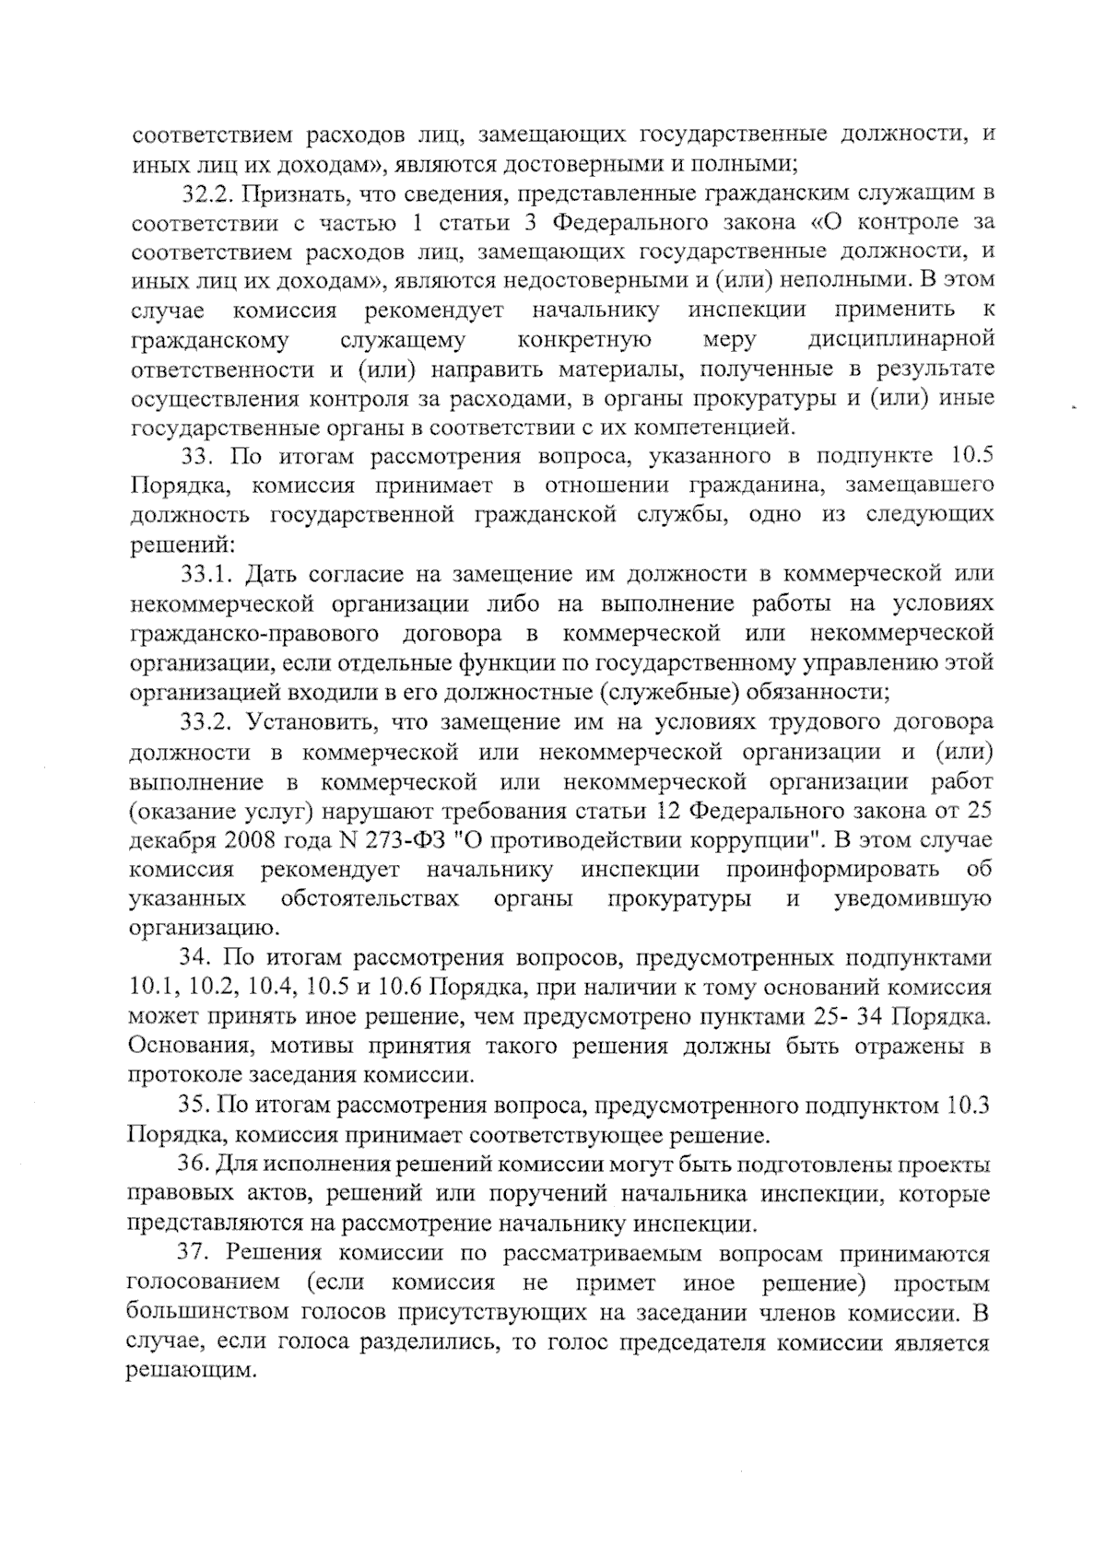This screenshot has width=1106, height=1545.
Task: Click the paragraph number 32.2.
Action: pyautogui.click(x=205, y=193)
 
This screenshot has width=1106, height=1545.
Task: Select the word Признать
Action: pyautogui.click(x=288, y=193)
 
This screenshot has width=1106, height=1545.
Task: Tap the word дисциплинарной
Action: pyautogui.click(x=900, y=340)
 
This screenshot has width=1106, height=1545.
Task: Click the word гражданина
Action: pyautogui.click(x=749, y=485)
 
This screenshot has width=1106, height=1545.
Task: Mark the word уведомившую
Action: pyautogui.click(x=913, y=898)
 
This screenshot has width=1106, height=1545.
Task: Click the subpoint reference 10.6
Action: pyautogui.click(x=394, y=988)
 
